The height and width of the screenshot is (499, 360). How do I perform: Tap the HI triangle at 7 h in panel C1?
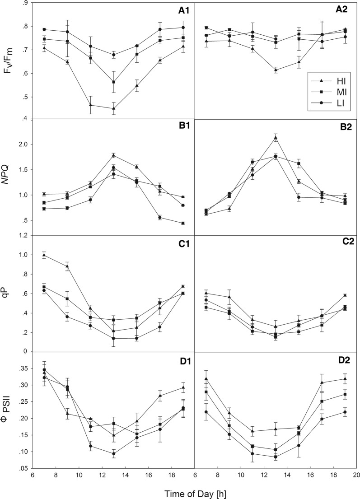[44, 255]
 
